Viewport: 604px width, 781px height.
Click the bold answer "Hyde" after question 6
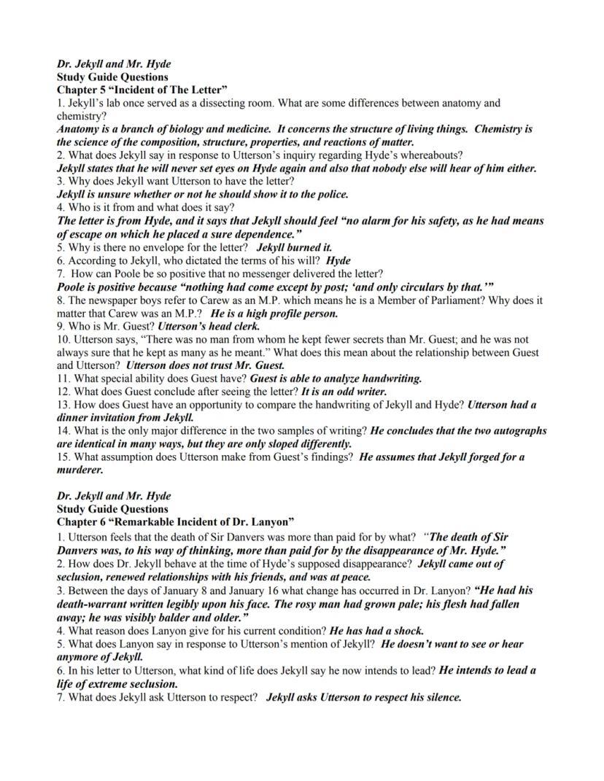pos(338,260)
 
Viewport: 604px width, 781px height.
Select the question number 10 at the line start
pos(63,339)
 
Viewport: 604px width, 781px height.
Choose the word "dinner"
pos(75,418)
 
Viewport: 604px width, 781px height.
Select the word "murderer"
pos(80,470)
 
